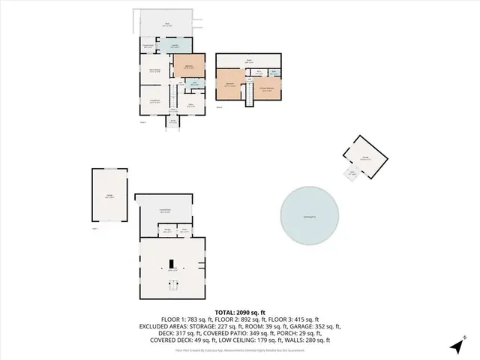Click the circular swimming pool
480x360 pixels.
point(309,215)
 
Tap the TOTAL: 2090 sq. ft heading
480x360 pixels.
point(239,312)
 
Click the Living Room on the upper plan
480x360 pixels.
point(154,100)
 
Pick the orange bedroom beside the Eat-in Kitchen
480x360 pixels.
point(190,66)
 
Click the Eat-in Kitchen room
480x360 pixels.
point(154,71)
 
